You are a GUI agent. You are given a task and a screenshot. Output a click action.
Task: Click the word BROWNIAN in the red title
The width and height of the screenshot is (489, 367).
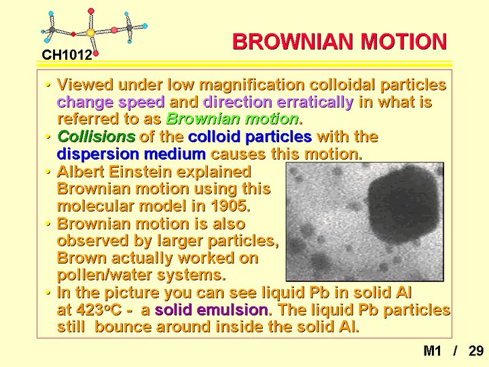click(293, 42)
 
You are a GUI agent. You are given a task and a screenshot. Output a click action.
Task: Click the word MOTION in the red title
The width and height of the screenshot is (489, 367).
click(403, 42)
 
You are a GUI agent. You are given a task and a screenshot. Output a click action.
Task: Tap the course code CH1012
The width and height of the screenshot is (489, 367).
click(67, 55)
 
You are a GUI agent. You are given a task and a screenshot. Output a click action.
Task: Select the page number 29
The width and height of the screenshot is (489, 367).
click(476, 351)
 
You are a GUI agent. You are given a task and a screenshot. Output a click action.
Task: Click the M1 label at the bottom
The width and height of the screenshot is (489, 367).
click(432, 351)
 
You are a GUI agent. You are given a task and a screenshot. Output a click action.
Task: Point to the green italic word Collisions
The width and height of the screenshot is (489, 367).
click(96, 137)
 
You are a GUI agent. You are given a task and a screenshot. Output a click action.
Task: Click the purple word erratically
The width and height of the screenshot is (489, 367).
click(315, 102)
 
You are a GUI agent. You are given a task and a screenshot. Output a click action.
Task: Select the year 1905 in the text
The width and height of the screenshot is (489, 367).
click(230, 206)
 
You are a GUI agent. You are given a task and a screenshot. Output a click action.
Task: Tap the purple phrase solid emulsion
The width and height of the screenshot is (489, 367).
click(211, 310)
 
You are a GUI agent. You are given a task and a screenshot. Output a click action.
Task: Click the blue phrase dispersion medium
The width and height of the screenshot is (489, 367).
click(131, 154)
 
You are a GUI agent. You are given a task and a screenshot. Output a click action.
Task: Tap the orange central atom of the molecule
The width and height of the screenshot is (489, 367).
click(90, 33)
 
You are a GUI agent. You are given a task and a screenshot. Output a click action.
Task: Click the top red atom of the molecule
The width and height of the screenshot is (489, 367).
click(91, 12)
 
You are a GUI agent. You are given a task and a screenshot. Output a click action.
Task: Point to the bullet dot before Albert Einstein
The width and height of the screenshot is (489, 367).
click(48, 172)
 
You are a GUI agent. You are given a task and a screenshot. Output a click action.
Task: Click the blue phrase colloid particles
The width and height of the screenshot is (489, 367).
click(250, 137)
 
